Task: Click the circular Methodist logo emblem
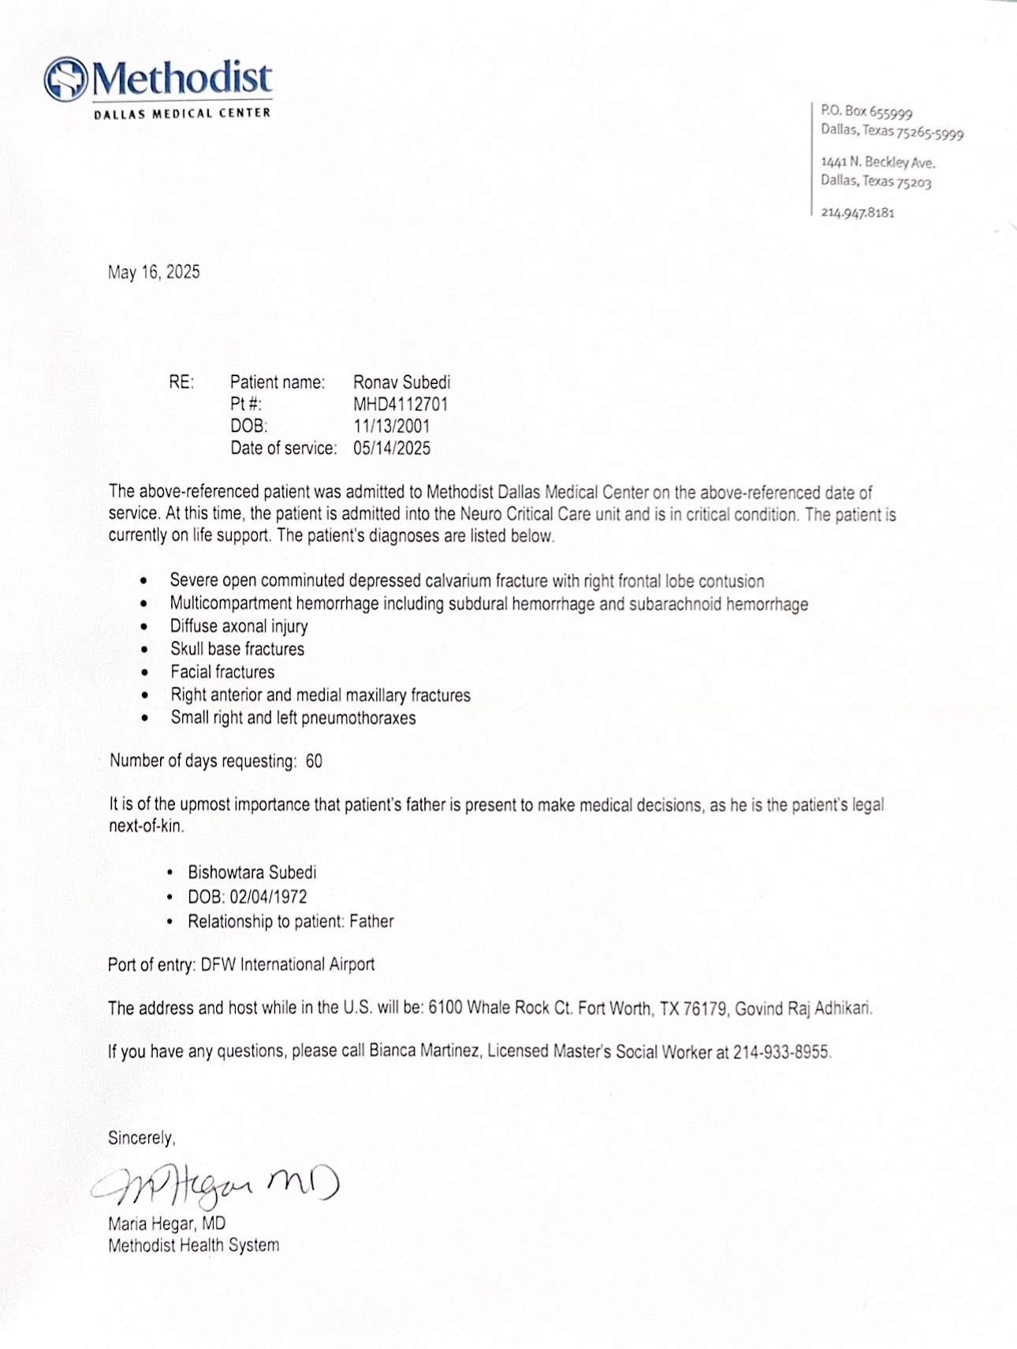click(66, 79)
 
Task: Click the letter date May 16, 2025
click(154, 273)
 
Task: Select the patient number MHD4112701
click(400, 404)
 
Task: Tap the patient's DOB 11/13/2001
click(391, 427)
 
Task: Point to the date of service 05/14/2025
click(392, 449)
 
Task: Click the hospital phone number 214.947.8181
click(858, 213)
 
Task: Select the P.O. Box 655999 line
click(866, 112)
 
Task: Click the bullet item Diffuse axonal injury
click(239, 627)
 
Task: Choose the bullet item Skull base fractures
click(237, 650)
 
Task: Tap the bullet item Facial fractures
click(222, 673)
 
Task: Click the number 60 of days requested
click(314, 762)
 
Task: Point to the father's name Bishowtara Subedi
click(251, 873)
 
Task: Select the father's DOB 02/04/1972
click(268, 897)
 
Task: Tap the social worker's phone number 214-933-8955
click(781, 1053)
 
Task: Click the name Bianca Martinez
click(423, 1052)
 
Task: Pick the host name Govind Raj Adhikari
click(803, 1008)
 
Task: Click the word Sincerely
click(141, 1138)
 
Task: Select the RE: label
click(181, 382)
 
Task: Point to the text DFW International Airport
click(288, 965)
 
